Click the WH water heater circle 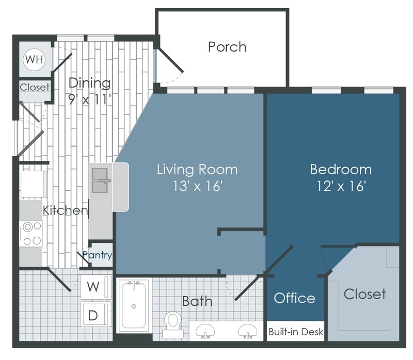tap(35, 59)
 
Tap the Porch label tap(227, 46)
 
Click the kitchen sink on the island tap(101, 183)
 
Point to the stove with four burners tap(31, 233)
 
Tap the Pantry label tap(97, 255)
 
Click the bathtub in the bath tap(134, 305)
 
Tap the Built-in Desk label tap(296, 332)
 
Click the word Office tap(294, 298)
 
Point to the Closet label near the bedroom tap(364, 294)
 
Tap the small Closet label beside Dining tap(35, 87)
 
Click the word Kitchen tap(65, 210)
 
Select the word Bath tap(197, 301)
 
